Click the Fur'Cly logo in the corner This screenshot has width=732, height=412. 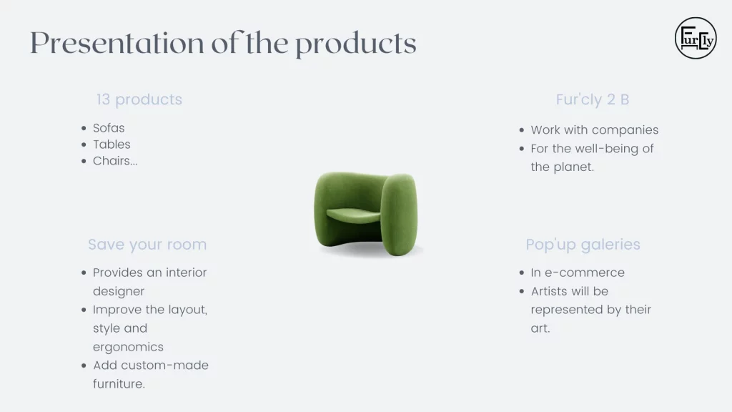(x=695, y=39)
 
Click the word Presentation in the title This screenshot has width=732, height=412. (x=117, y=44)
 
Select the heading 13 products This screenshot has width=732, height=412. (x=139, y=99)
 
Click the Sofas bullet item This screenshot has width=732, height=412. (x=109, y=128)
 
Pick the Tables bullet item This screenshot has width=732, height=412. (x=112, y=144)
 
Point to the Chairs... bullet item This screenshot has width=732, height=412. (x=115, y=161)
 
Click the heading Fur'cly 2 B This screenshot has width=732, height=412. (x=593, y=99)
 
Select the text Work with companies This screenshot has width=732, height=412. (x=594, y=130)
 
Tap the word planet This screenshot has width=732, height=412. (x=577, y=167)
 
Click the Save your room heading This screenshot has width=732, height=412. (x=147, y=245)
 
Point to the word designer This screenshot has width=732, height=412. (x=119, y=292)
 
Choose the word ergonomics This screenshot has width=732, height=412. (x=128, y=347)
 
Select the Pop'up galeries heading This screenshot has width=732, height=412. (x=583, y=245)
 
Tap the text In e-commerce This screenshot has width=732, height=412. (x=578, y=273)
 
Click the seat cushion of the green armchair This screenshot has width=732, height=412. (x=353, y=215)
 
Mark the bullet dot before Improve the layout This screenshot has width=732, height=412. (x=84, y=310)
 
